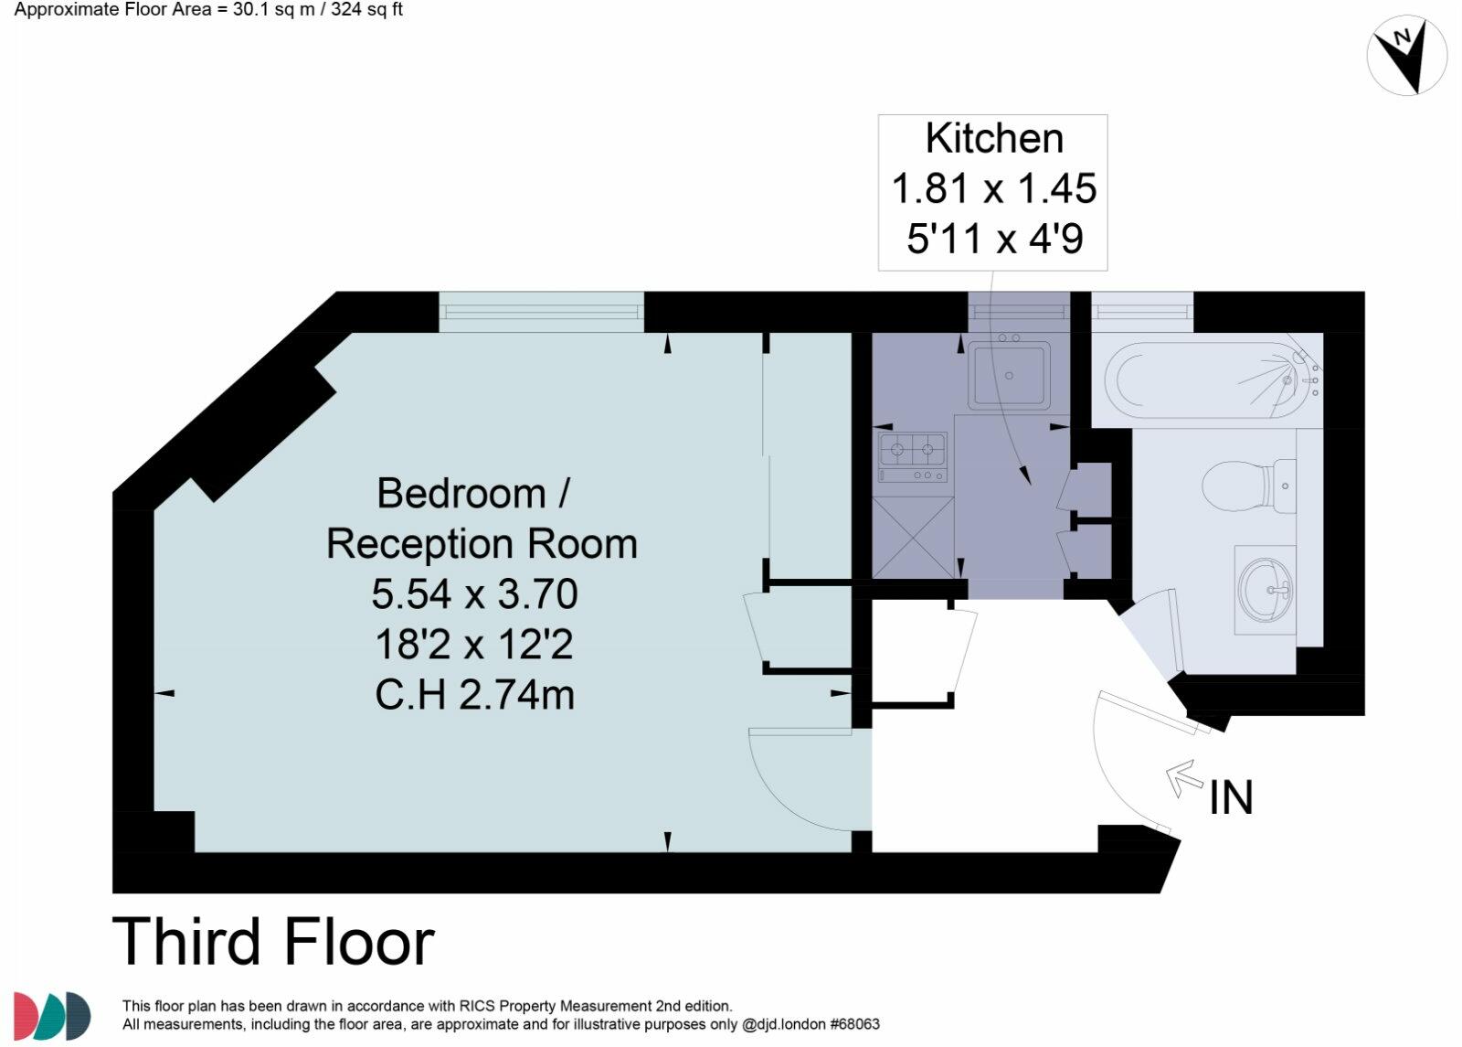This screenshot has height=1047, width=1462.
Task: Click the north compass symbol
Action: [x=1406, y=56]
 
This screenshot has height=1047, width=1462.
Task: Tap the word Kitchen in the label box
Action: [x=994, y=139]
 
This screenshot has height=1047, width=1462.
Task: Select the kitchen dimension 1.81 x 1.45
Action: [x=993, y=188]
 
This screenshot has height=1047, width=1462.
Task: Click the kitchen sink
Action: [x=1009, y=374]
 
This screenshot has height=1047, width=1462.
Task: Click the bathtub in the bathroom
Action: [x=1206, y=379]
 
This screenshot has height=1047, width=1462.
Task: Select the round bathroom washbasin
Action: [x=1266, y=589]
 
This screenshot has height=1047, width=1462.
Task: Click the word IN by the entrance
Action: [x=1231, y=797]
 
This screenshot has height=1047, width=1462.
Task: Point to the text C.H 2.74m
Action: [x=474, y=695]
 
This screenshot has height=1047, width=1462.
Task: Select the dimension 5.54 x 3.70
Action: [x=474, y=594]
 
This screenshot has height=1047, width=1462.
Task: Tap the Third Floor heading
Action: [x=273, y=942]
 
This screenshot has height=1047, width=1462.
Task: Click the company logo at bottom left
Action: [x=52, y=1015]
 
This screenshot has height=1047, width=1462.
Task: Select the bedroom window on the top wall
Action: [x=541, y=312]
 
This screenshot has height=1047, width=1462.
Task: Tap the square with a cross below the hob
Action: [x=912, y=536]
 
